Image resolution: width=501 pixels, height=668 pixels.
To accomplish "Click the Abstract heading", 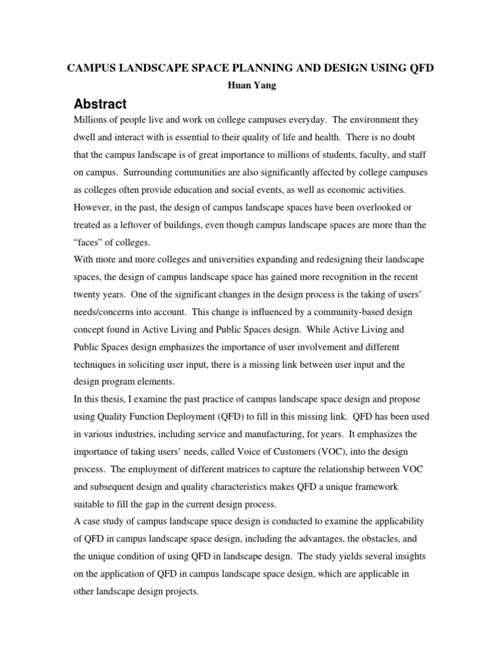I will point(100,104).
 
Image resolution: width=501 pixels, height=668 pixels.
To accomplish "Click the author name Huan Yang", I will point(250,86).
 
